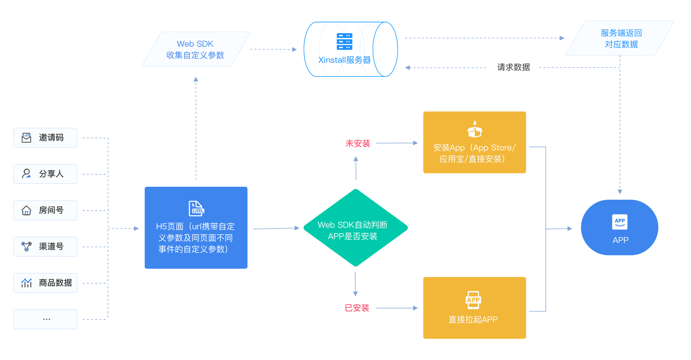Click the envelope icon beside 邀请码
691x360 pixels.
(26, 138)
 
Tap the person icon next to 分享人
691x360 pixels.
(26, 174)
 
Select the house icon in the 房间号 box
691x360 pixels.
(26, 210)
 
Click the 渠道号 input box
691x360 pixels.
(46, 247)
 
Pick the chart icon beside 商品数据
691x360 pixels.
(26, 283)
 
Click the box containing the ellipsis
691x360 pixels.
(46, 319)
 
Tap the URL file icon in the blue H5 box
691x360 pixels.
(196, 208)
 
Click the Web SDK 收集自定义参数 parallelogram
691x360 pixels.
(196, 49)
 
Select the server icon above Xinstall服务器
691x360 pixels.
(345, 42)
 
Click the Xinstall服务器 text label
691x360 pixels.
(345, 60)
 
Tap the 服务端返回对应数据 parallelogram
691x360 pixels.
(620, 38)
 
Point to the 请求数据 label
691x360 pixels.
(513, 67)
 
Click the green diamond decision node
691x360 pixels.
(356, 228)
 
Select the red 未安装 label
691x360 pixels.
(358, 143)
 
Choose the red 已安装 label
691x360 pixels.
(357, 308)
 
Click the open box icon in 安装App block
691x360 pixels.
(475, 130)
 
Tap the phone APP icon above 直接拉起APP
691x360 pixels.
(473, 300)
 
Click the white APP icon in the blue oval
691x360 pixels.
(620, 222)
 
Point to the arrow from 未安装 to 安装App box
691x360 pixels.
(397, 143)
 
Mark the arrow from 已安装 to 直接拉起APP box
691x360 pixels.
(397, 308)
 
